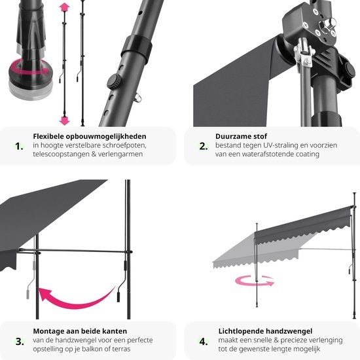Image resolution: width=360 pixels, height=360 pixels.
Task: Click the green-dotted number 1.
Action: (19, 146)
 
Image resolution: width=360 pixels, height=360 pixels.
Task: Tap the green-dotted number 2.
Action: (202, 146)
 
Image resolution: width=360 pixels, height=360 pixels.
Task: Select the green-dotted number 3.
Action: (19, 340)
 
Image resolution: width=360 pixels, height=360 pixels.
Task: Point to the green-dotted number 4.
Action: (202, 340)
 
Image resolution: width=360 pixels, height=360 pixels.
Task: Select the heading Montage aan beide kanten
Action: (80, 331)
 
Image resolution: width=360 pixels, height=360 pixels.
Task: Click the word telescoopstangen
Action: (60, 154)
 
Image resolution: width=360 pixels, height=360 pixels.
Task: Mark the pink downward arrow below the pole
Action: (64, 120)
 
